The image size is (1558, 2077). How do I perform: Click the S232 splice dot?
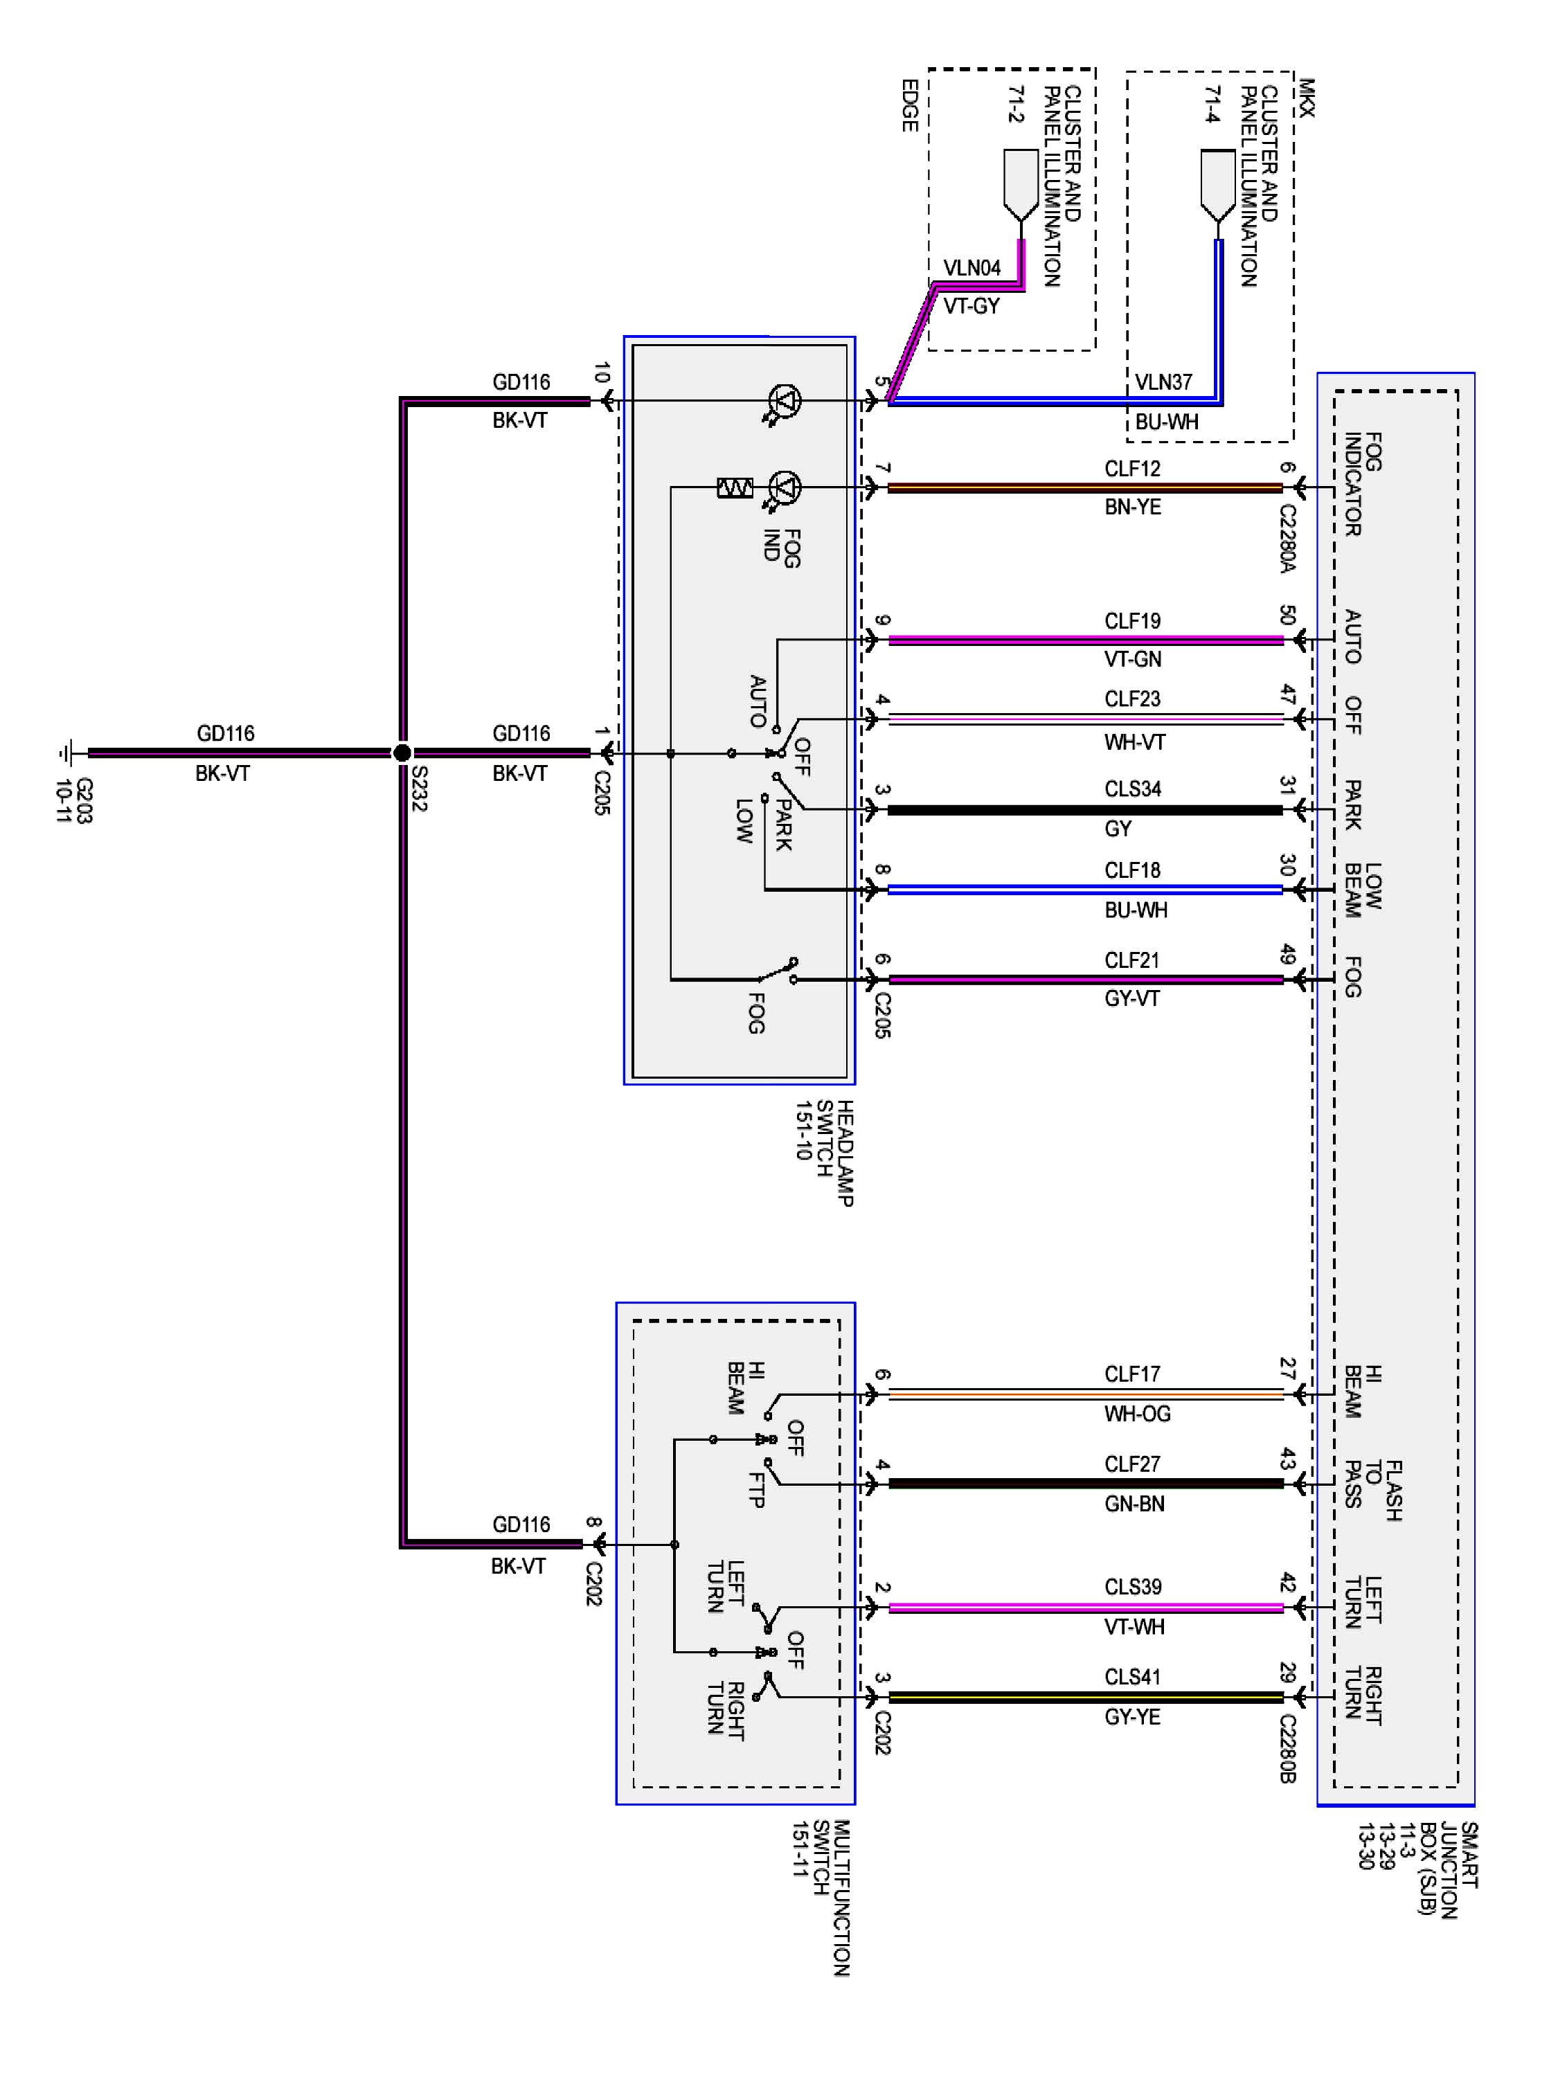pyautogui.click(x=402, y=752)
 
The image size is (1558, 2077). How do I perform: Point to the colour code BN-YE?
pyautogui.click(x=1133, y=507)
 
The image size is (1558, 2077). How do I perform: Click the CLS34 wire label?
pyautogui.click(x=1133, y=789)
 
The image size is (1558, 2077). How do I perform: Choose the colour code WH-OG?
pyautogui.click(x=1137, y=1413)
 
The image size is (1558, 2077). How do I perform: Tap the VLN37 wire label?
pyautogui.click(x=1163, y=382)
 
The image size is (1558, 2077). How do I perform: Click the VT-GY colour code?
pyautogui.click(x=971, y=306)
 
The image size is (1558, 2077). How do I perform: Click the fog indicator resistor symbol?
pyautogui.click(x=735, y=487)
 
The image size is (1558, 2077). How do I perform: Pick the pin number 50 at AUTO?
pyautogui.click(x=1287, y=615)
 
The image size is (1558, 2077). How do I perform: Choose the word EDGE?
pyautogui.click(x=909, y=105)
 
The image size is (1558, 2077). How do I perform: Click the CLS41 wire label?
pyautogui.click(x=1133, y=1676)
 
